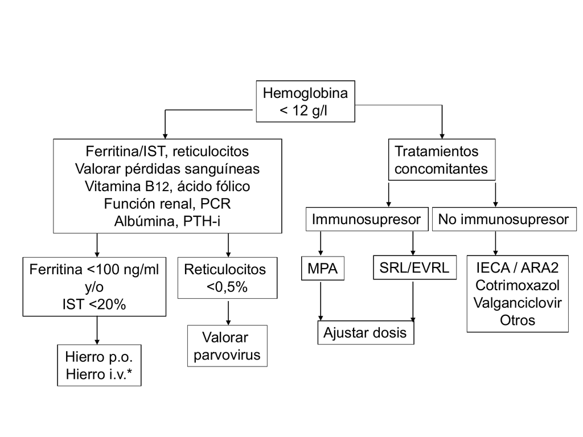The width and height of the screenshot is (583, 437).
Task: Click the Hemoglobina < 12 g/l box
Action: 305,101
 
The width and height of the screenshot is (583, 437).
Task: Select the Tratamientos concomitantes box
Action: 441,160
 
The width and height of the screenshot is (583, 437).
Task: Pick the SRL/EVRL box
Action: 415,268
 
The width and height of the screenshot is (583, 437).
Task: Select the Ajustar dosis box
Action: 365,333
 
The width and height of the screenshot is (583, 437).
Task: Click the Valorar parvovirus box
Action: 227,347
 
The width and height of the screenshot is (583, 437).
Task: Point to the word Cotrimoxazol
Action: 518,285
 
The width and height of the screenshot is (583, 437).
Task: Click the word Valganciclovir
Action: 518,302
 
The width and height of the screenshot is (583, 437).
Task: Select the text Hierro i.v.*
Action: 99,374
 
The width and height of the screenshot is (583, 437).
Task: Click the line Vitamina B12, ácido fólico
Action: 167,186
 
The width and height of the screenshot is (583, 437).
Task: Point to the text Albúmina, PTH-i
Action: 167,220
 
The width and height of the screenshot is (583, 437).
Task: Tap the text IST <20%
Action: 95,304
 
